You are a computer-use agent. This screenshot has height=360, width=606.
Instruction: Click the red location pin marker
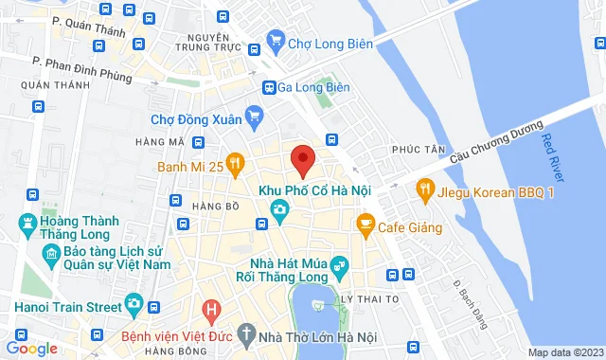302,160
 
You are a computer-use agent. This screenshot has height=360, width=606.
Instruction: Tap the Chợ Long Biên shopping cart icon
276,40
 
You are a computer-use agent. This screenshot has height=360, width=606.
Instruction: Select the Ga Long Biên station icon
269,87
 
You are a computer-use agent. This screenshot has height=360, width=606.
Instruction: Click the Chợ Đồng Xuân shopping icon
253,118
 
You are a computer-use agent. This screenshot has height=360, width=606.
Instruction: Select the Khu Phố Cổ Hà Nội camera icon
279,210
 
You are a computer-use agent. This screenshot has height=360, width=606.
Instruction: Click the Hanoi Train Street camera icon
134,306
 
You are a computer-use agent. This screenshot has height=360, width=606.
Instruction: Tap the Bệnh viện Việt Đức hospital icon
212,309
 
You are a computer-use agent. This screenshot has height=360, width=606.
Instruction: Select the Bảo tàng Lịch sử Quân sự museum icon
52,255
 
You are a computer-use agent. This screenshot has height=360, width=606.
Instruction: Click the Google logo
31,349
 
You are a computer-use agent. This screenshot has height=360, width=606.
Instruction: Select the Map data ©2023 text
564,352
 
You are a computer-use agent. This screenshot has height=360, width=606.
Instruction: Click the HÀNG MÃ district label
158,142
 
